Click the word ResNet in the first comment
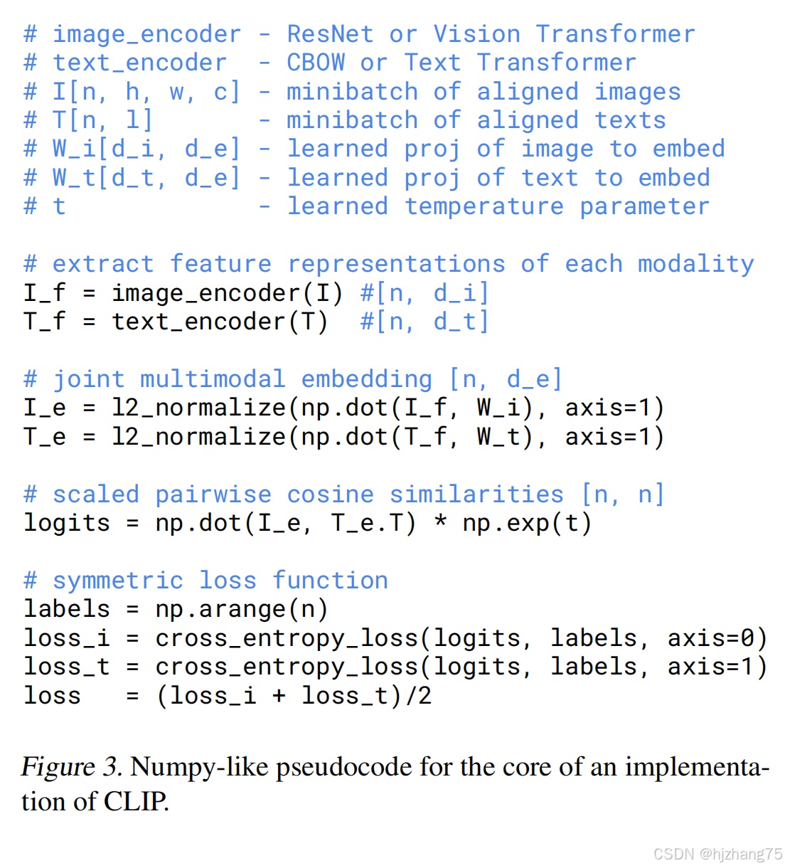pos(330,34)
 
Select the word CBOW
pos(316,63)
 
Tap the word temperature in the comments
pos(484,206)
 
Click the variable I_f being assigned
pos(45,292)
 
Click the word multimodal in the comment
pos(213,379)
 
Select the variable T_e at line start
pos(45,436)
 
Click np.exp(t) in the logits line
pos(527,523)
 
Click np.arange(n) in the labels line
pos(242,609)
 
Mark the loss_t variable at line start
pos(67,667)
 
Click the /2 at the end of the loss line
pos(418,695)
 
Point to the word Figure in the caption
pos(58,767)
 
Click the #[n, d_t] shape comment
pos(424,322)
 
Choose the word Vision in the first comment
pos(476,34)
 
